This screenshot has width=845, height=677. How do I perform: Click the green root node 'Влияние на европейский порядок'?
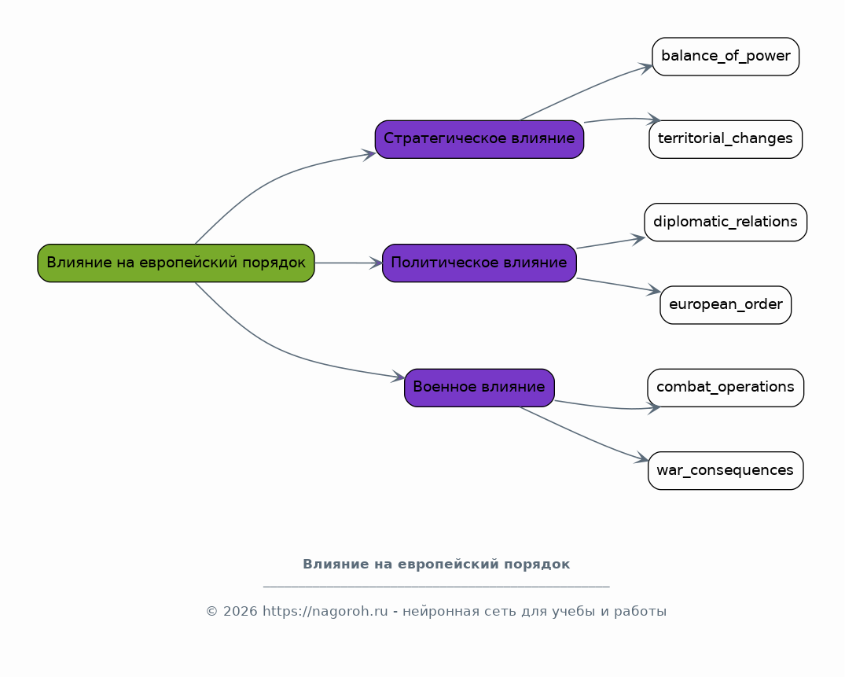tap(176, 263)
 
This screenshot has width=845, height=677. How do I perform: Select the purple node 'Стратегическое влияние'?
tap(479, 139)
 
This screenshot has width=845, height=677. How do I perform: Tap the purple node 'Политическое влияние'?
tap(479, 263)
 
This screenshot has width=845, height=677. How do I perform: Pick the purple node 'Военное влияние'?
tap(479, 388)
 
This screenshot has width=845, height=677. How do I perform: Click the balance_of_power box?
tap(726, 57)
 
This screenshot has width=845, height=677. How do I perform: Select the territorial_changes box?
tap(726, 139)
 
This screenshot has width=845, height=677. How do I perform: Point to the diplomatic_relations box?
tap(726, 222)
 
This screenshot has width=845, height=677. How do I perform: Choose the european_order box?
tap(726, 305)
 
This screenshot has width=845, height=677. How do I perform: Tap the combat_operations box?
tap(726, 388)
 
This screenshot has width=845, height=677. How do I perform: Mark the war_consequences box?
tap(726, 470)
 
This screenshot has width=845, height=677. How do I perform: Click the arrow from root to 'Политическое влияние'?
tap(349, 263)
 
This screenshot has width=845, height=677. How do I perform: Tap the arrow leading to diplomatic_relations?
tap(611, 243)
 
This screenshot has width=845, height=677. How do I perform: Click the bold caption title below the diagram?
tap(436, 565)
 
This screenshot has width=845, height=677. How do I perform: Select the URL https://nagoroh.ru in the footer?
tap(325, 611)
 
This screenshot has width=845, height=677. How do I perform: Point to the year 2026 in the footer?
tap(240, 611)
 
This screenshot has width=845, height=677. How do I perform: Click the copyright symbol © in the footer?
tap(211, 611)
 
